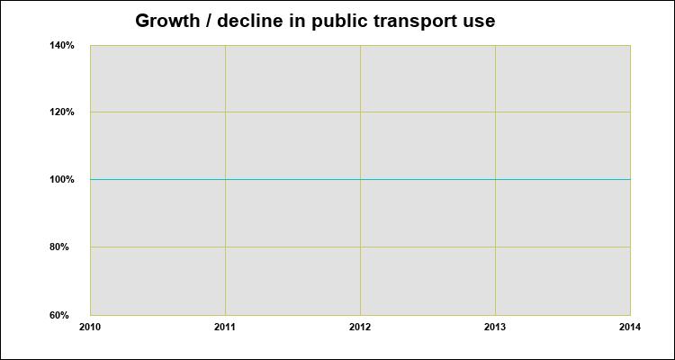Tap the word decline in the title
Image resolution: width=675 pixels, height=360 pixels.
(246, 21)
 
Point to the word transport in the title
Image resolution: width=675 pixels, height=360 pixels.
(413, 21)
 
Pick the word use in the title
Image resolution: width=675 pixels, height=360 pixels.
(480, 21)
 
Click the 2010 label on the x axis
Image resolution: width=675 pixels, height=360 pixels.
(90, 327)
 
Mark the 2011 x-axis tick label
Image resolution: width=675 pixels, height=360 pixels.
(225, 327)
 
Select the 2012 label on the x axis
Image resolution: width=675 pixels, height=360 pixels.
(360, 327)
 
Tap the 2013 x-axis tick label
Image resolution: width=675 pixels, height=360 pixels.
(495, 327)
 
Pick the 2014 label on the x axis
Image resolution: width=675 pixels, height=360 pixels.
(630, 327)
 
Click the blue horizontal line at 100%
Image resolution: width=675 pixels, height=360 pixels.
(292, 179)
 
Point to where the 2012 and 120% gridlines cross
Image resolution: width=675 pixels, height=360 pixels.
(360, 112)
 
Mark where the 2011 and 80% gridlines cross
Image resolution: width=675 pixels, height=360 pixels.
(225, 247)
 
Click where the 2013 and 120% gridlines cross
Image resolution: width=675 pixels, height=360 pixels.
(495, 112)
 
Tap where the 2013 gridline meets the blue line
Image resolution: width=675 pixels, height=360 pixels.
(495, 179)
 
